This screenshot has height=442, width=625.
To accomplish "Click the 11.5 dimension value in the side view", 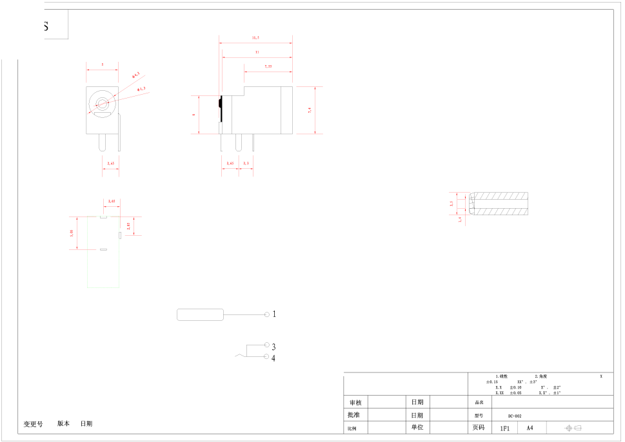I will [x=255, y=38].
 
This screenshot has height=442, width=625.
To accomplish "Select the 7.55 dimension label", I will [x=268, y=66].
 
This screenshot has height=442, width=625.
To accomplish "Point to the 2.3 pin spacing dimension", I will [x=246, y=163].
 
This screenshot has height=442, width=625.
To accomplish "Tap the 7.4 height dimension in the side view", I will [x=310, y=110].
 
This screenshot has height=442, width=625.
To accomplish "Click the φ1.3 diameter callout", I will [x=141, y=88].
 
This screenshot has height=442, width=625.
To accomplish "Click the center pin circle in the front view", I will [x=102, y=103].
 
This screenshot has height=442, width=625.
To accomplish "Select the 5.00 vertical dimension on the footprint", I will [x=72, y=233].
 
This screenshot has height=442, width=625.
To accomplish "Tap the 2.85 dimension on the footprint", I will [x=128, y=226].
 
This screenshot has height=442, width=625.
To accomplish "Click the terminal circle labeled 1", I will [x=267, y=314].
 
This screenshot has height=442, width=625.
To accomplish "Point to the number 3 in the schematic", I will [x=273, y=347].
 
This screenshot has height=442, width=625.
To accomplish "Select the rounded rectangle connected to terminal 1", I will [x=200, y=314].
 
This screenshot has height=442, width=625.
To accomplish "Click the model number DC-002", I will [x=515, y=416].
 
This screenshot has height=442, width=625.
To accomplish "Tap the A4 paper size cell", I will [x=530, y=428].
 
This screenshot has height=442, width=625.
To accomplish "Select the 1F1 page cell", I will [x=504, y=428].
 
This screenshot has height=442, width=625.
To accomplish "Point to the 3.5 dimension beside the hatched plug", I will [x=451, y=203].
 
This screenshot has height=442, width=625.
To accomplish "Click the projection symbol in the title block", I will [x=573, y=428].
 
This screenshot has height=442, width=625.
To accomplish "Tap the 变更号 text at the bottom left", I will [x=33, y=424].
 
